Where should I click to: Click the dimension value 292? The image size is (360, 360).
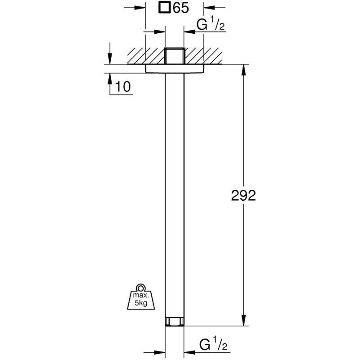tap(243, 196)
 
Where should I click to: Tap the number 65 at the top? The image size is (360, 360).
tap(181, 8)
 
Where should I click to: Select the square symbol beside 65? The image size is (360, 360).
tap(164, 8)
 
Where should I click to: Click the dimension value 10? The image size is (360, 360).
tap(123, 86)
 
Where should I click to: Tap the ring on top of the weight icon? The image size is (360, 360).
tap(141, 288)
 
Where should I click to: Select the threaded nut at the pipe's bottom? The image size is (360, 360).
tap(175, 321)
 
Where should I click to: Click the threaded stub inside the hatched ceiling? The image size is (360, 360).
tap(175, 56)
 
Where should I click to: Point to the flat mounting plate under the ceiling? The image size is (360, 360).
tap(175, 69)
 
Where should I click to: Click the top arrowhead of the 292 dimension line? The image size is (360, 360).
tap(244, 70)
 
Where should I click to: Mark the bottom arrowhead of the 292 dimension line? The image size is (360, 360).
tap(244, 320)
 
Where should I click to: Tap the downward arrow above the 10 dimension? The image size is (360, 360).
tap(110, 58)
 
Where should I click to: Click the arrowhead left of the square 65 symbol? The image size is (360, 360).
tap(140, 8)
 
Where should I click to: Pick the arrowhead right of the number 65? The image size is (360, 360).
tap(209, 8)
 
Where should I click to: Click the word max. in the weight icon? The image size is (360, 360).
tap(141, 295)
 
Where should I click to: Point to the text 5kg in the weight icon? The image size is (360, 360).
tap(141, 303)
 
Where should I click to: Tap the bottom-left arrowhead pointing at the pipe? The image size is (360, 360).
tap(160, 352)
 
